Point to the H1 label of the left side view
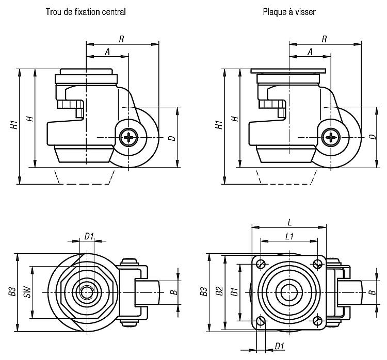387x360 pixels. [x=15, y=125]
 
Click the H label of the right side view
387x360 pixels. [x=234, y=119]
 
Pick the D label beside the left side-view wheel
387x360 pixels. [x=171, y=138]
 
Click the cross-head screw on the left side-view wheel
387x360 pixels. [x=126, y=138]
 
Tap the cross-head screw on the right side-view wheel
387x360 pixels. [x=329, y=138]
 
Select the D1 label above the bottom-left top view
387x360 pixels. [x=89, y=236]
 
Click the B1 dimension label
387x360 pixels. [x=234, y=292]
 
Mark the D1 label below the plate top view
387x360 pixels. [x=279, y=346]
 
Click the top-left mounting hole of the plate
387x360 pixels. [x=262, y=264]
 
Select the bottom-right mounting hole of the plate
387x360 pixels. [x=318, y=320]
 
